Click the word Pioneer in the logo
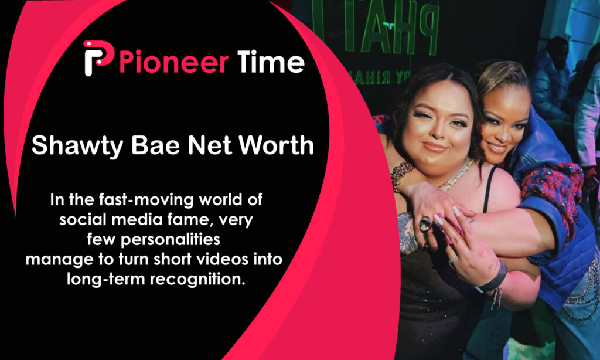[173, 62]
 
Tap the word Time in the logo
[271, 61]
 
